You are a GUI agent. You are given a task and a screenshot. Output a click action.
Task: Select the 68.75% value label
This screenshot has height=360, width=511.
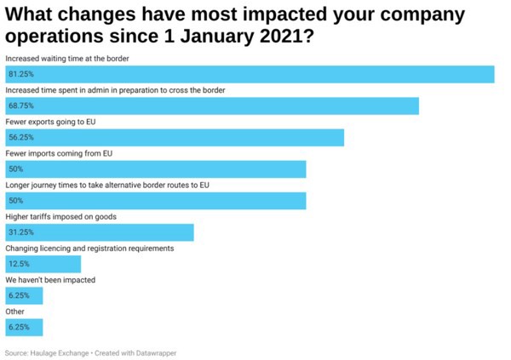point(20,106)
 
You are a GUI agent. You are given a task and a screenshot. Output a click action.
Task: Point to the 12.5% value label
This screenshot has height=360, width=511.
point(19,264)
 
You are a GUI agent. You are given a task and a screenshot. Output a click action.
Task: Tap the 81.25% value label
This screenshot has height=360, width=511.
point(20,75)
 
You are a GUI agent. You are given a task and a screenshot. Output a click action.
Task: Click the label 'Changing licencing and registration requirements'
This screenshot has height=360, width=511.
point(89,249)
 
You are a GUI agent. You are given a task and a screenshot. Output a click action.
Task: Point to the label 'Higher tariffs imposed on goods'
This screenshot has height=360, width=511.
point(60,217)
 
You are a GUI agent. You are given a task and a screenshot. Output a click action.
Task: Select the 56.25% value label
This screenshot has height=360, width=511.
point(20,138)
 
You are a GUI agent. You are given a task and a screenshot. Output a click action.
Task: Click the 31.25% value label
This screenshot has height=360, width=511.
point(20,232)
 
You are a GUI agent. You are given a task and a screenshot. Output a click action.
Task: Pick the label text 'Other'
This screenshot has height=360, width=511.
point(15,311)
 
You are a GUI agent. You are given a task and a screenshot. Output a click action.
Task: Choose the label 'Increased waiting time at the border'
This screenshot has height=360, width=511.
point(67,58)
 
